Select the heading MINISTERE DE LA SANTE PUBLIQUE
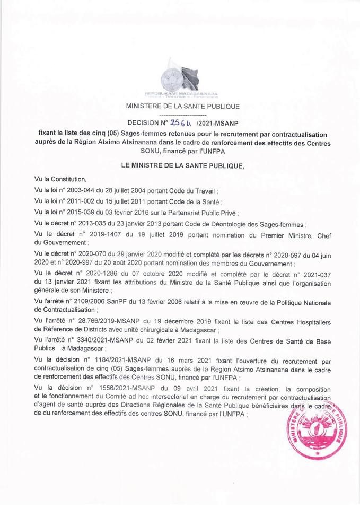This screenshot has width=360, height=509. tap(182, 106)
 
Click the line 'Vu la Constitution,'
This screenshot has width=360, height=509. tap(59, 179)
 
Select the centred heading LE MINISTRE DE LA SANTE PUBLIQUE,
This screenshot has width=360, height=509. tap(182, 165)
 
